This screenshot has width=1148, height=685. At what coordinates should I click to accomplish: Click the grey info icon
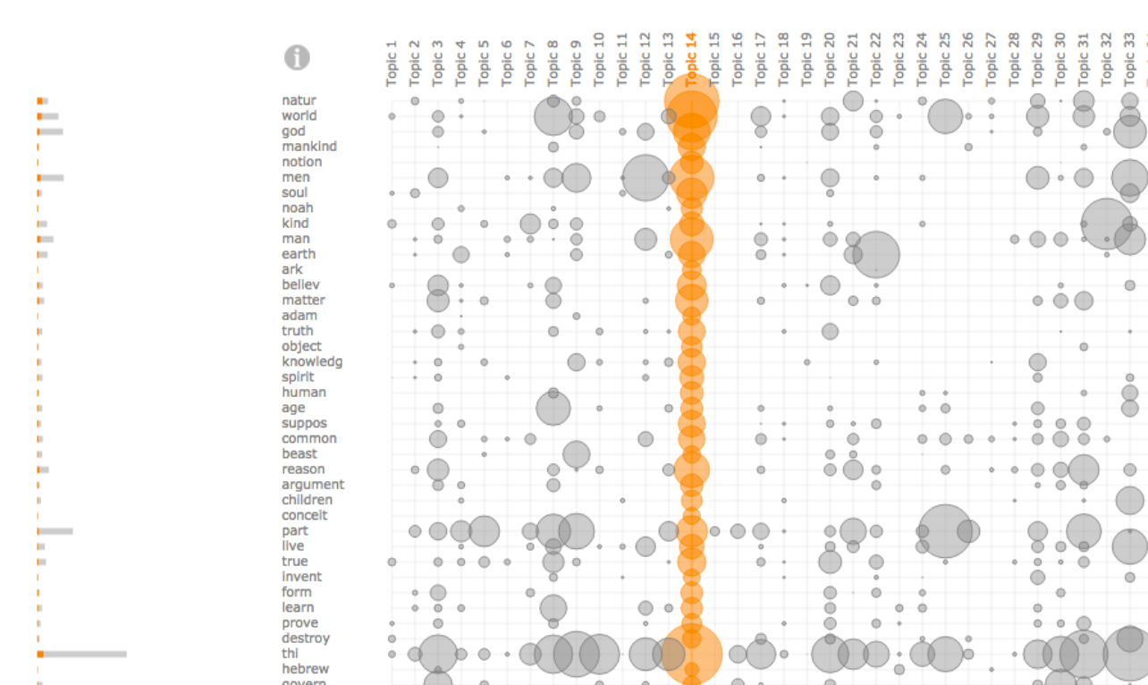(297, 58)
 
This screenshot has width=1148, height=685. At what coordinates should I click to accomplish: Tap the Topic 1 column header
(392, 63)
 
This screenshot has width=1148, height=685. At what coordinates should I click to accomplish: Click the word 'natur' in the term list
(299, 101)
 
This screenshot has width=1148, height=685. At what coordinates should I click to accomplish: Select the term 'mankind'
(309, 147)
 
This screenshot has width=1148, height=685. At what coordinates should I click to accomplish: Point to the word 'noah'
(298, 208)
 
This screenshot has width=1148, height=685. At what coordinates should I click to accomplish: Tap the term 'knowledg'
(312, 362)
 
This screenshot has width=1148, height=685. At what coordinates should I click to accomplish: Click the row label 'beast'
(300, 454)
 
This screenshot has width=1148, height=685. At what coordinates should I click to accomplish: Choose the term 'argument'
(313, 485)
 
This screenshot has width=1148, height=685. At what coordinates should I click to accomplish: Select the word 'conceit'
(305, 515)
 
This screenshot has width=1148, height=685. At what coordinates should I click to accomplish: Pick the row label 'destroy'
(306, 638)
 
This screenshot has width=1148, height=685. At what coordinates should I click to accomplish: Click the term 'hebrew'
(306, 669)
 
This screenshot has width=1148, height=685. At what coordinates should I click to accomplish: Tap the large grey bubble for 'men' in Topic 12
(645, 177)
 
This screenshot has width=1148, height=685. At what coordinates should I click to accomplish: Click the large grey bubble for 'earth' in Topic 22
(876, 254)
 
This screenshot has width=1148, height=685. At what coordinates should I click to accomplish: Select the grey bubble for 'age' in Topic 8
(553, 409)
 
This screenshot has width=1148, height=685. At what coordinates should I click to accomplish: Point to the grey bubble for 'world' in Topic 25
(945, 116)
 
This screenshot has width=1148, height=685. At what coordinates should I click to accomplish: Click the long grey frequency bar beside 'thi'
(85, 655)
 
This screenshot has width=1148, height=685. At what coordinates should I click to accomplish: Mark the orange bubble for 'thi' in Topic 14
(690, 654)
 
